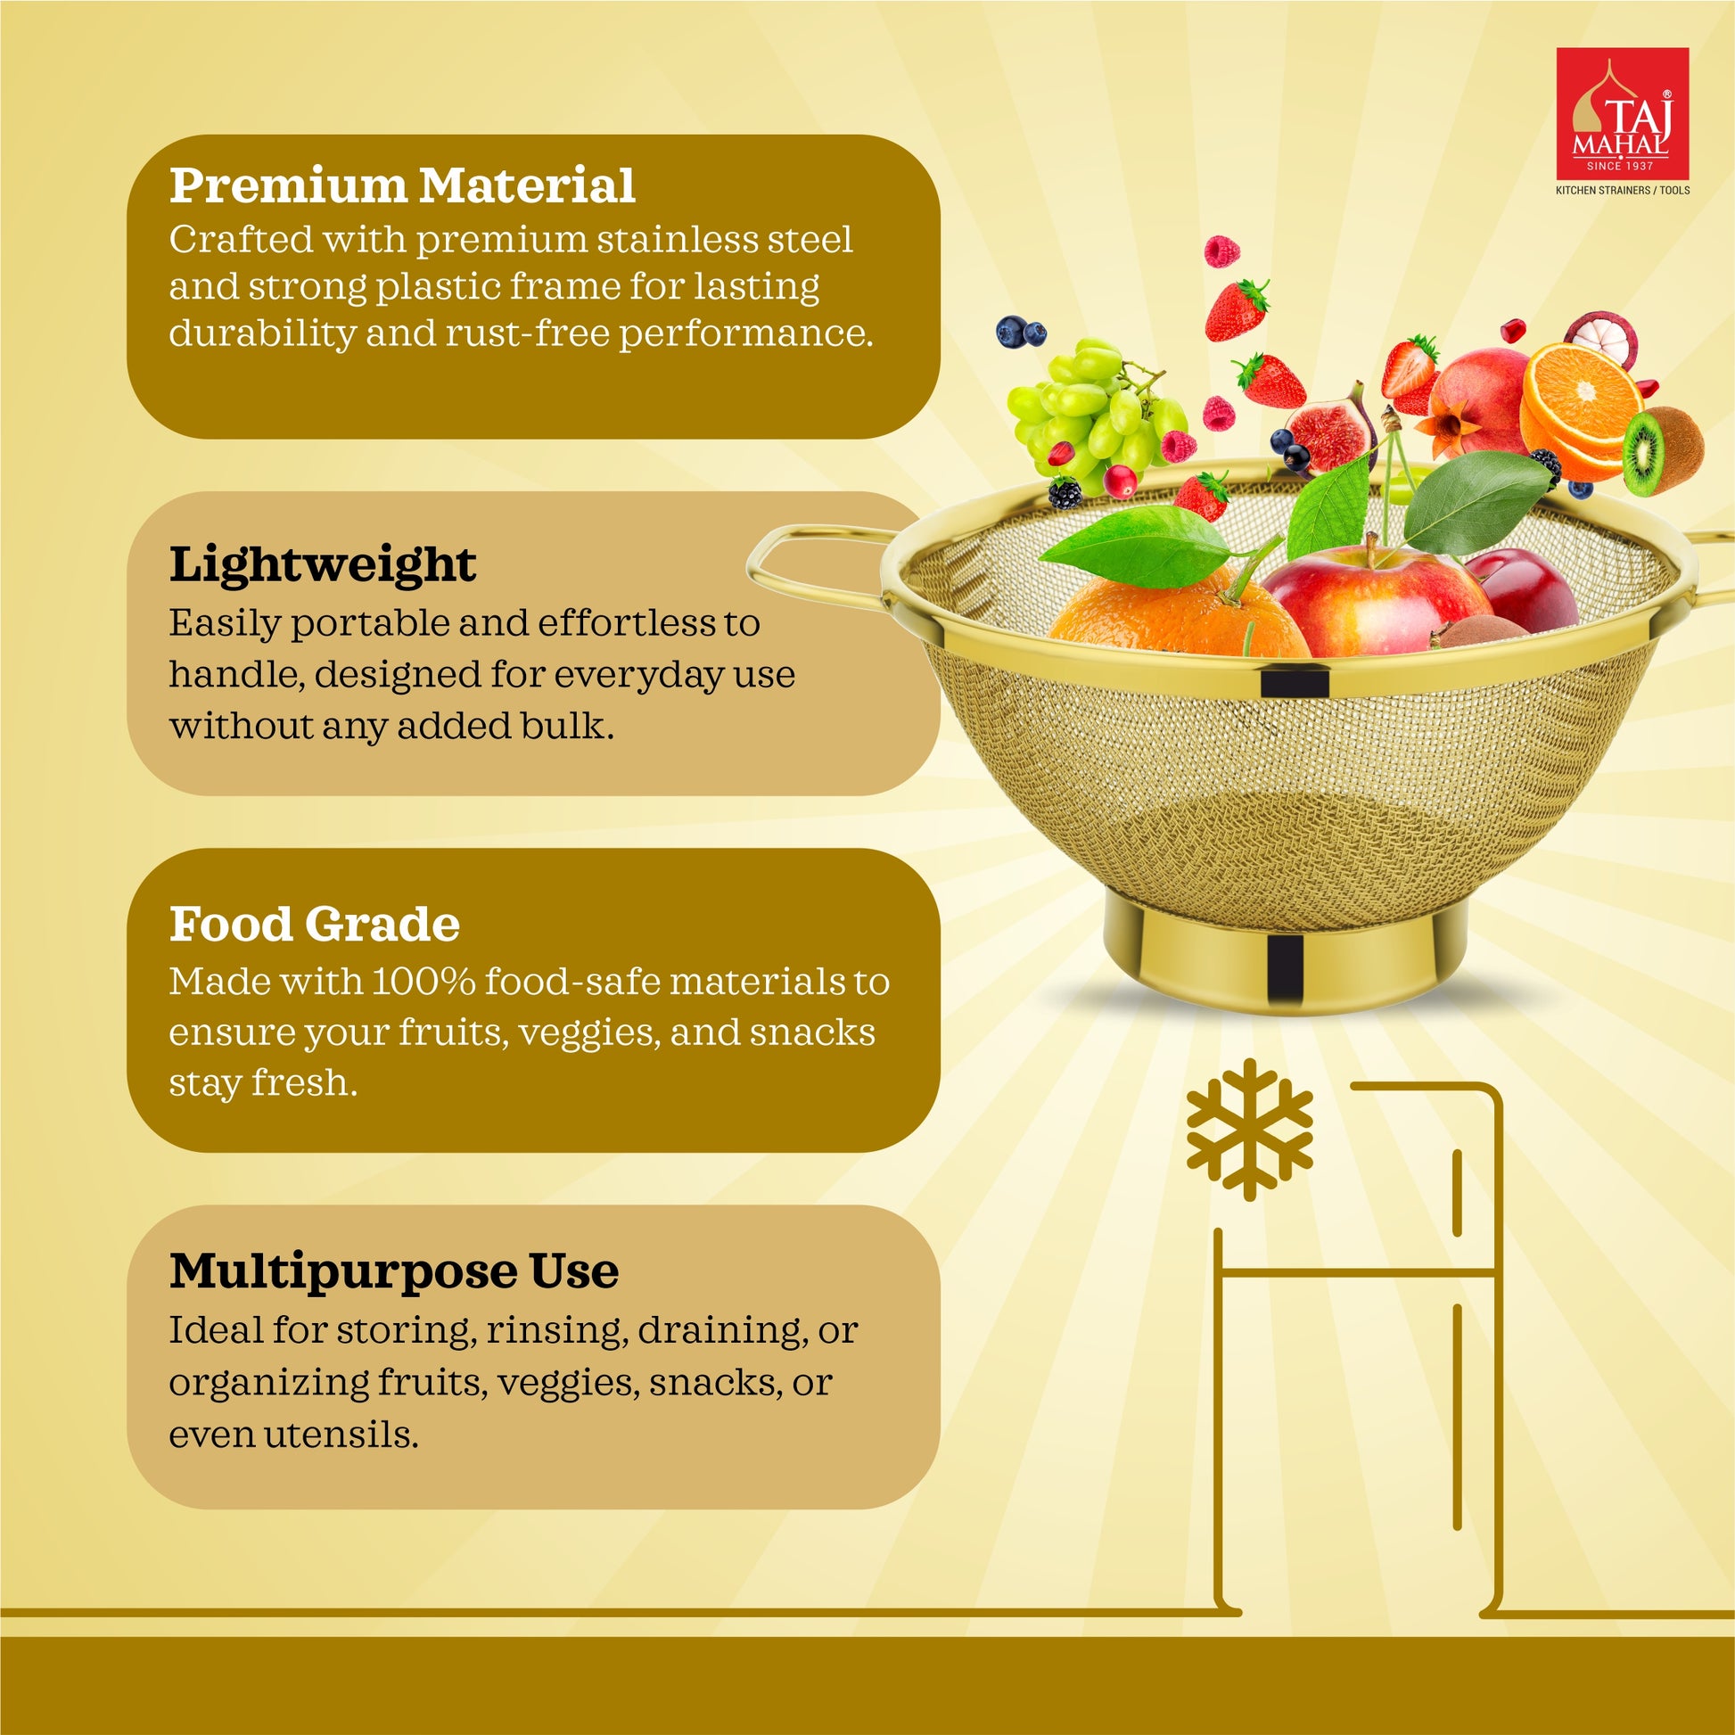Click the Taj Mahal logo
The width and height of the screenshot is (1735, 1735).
pyautogui.click(x=1622, y=114)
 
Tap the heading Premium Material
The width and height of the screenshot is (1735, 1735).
pyautogui.click(x=402, y=185)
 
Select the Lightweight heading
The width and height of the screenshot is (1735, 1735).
pyautogui.click(x=323, y=566)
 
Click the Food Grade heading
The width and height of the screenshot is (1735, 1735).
pyautogui.click(x=315, y=924)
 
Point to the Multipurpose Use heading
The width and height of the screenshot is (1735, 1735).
pyautogui.click(x=394, y=1271)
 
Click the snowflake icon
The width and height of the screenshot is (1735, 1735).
pyautogui.click(x=1249, y=1129)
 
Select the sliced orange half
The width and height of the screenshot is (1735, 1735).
pyautogui.click(x=1581, y=408)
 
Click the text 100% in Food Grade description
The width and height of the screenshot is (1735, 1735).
pyautogui.click(x=423, y=982)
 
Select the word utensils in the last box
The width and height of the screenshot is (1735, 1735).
pyautogui.click(x=341, y=1435)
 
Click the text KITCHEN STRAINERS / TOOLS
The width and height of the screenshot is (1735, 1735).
pyautogui.click(x=1623, y=191)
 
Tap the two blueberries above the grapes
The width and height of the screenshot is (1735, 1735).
pyautogui.click(x=1021, y=333)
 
